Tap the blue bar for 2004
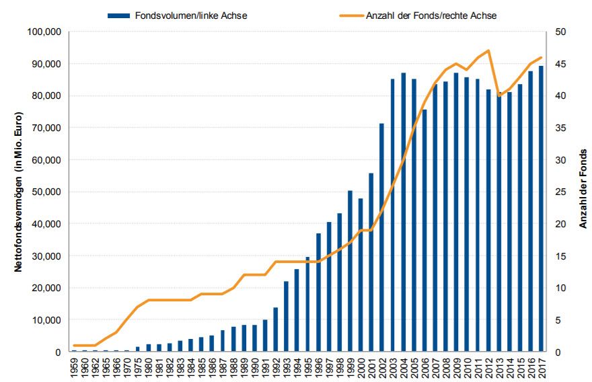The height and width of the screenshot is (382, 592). pos(403,212)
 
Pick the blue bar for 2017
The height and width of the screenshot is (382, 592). pos(541,208)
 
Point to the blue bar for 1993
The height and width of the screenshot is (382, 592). pos(287,316)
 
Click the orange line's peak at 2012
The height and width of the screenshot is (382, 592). pos(488,50)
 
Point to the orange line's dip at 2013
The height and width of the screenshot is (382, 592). pos(498,95)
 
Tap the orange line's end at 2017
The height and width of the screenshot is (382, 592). pos(541,57)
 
